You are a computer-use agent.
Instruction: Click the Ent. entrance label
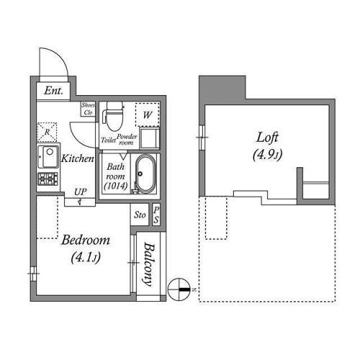(x=53, y=91)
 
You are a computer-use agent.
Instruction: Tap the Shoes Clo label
(x=88, y=109)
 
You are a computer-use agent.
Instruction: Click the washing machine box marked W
(x=146, y=114)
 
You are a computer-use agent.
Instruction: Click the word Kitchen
(x=77, y=158)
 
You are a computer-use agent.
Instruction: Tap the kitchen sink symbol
(x=51, y=155)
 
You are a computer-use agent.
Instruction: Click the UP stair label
(x=80, y=192)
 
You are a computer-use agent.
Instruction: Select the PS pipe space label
(x=156, y=214)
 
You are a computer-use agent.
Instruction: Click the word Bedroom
(x=85, y=240)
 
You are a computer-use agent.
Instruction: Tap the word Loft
(x=266, y=137)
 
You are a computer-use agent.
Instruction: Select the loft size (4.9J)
(x=266, y=153)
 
